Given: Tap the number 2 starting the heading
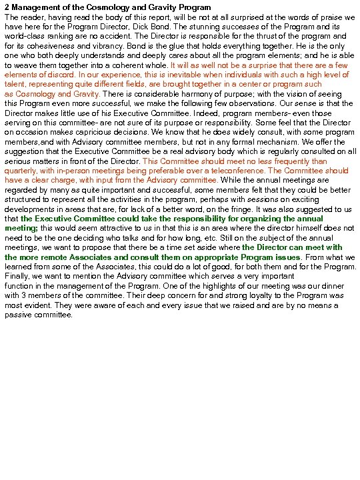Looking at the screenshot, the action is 7,7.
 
